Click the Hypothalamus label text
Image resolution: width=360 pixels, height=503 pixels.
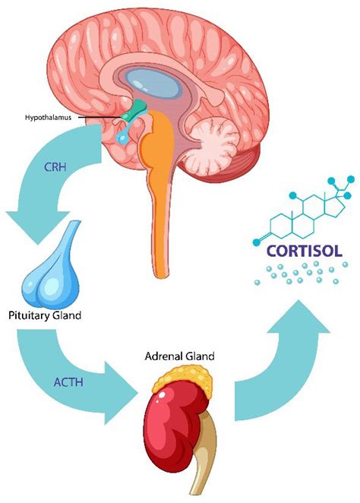coord(48,118)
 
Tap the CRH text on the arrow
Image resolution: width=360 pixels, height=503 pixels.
coord(55,167)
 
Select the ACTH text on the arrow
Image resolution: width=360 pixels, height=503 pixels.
coord(68,382)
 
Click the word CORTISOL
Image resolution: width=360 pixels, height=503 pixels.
coord(305,251)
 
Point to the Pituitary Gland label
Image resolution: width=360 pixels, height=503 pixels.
coord(45,315)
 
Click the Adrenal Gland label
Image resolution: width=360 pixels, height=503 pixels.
coord(179,356)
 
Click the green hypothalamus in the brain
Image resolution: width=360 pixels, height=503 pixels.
coord(134,111)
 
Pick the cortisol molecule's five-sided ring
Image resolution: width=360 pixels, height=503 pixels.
coord(335,206)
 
